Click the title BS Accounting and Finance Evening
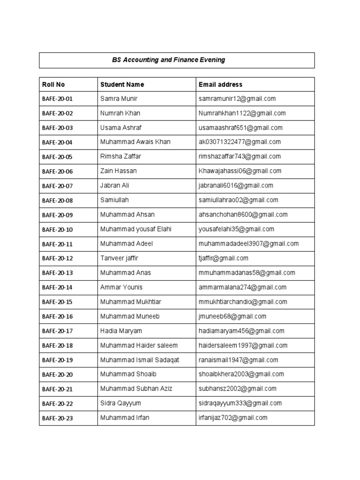168,60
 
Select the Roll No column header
53,84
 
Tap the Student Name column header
122,84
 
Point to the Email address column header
220,84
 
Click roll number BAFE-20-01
57,99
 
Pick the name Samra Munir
119,98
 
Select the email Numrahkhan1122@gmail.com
242,113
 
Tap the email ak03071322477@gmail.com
240,142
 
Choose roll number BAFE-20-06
57,172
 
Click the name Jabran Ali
114,186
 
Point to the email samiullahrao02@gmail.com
238,200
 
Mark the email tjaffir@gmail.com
223,258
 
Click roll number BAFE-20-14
57,287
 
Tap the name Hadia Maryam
121,331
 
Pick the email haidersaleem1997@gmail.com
243,345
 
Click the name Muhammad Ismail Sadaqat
140,360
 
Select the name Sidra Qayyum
120,403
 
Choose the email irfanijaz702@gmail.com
233,418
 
